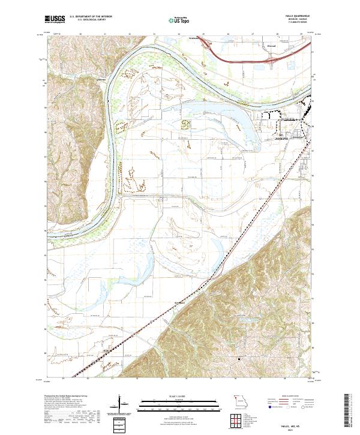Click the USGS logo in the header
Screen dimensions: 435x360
coord(55,19)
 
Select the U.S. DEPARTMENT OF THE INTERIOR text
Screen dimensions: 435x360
coord(89,16)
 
